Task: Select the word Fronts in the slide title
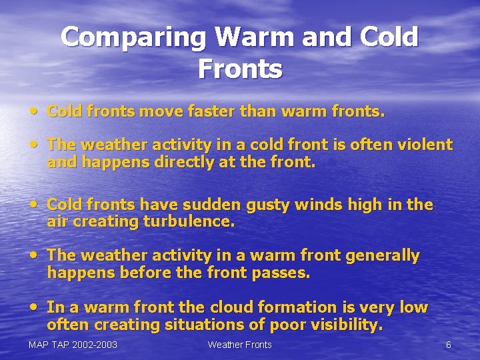tap(240, 68)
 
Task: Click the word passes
tap(284, 273)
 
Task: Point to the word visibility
tap(345, 325)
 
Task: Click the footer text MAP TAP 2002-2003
tap(73, 345)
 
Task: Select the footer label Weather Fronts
tap(239, 345)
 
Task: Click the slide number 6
tap(448, 345)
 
